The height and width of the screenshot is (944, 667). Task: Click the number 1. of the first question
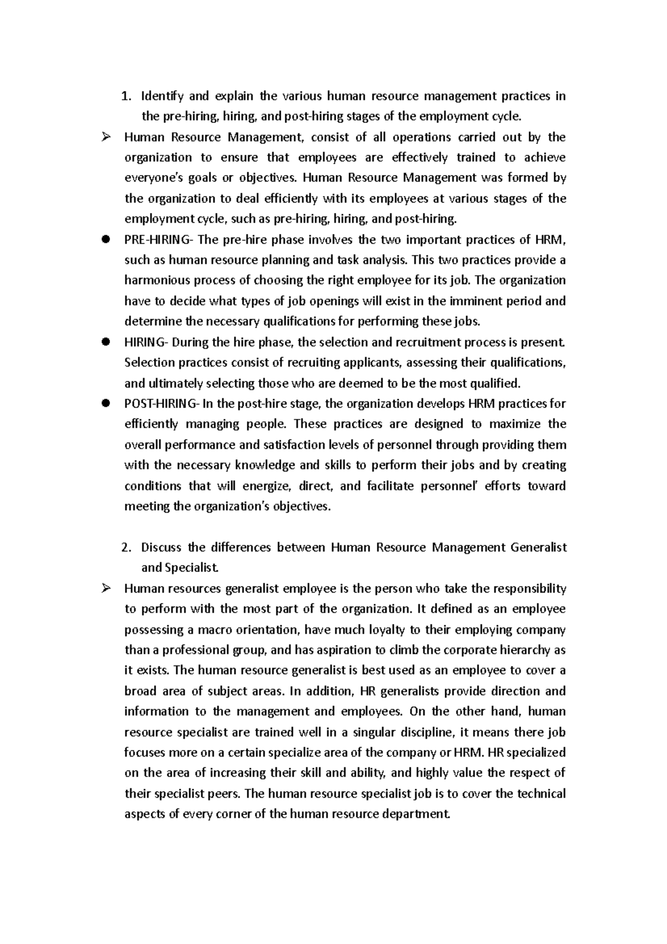pyautogui.click(x=125, y=96)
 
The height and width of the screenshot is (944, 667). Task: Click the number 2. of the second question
pyautogui.click(x=126, y=548)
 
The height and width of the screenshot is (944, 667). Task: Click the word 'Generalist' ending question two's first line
pyautogui.click(x=537, y=548)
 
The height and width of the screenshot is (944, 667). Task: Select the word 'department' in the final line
pyautogui.click(x=417, y=814)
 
